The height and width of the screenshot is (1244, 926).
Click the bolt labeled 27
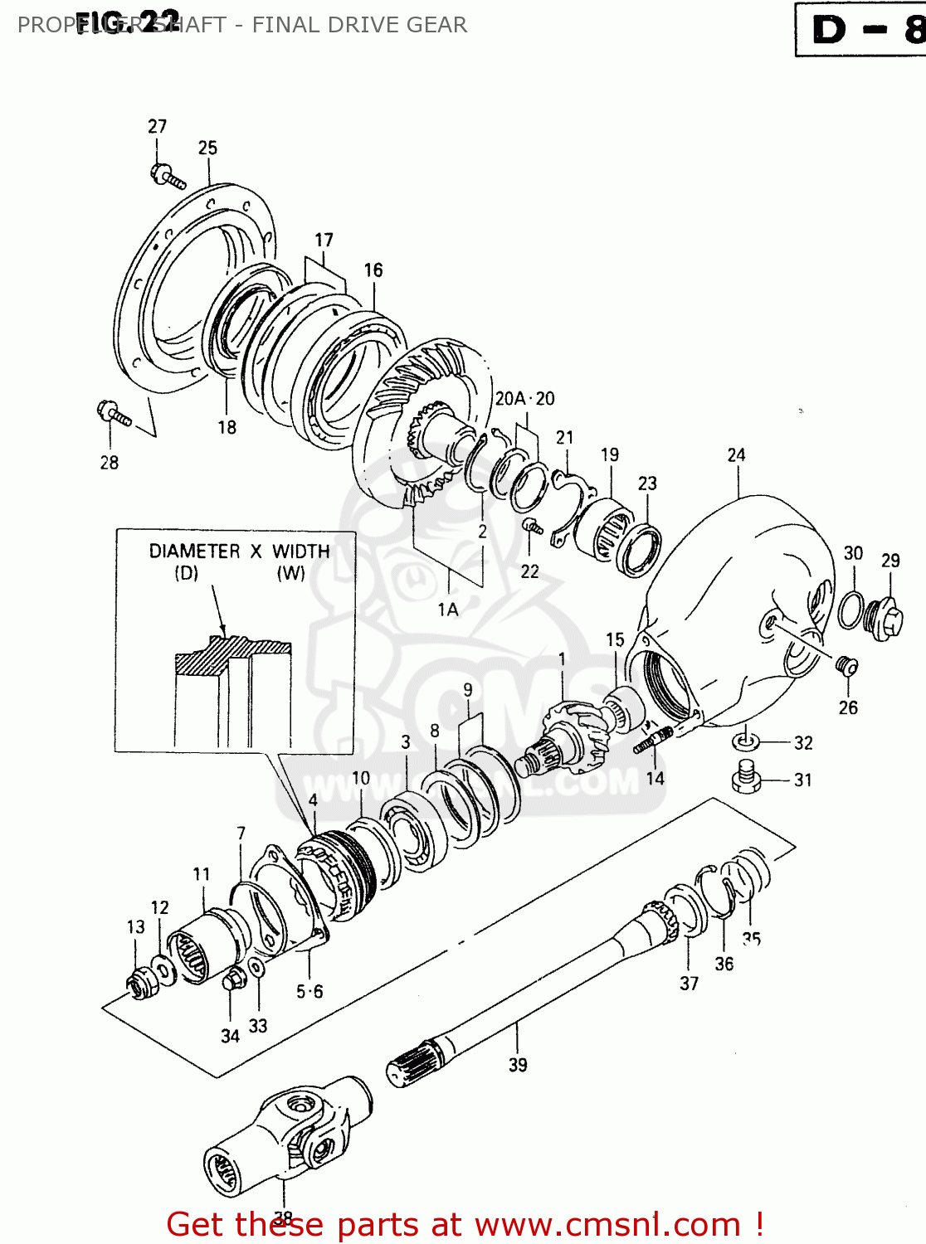point(167,176)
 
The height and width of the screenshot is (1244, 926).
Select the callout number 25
point(207,148)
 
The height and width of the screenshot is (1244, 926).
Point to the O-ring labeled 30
point(850,610)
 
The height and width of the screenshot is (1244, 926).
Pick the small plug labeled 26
point(846,665)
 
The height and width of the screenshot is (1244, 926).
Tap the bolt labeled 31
point(746,778)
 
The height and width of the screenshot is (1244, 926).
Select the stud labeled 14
point(652,740)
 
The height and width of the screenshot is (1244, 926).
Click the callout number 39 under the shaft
point(518,1065)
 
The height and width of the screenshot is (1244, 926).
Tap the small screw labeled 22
point(532,525)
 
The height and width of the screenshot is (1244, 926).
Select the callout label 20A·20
point(524,399)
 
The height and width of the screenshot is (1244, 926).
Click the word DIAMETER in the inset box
point(194,552)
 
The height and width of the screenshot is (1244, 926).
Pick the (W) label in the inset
point(290,573)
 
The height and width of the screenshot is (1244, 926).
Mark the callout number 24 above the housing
point(736,455)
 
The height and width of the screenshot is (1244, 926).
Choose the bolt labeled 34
point(232,981)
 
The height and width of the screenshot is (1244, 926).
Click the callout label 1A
point(448,610)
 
